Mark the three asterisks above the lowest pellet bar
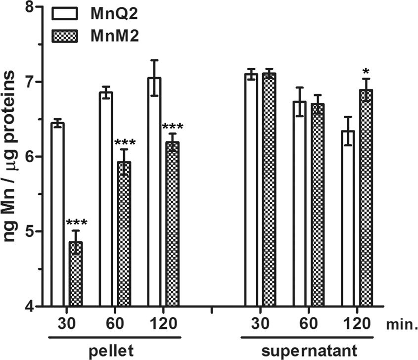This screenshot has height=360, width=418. pyautogui.click(x=75, y=223)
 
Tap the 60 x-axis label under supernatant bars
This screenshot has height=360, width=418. pyautogui.click(x=309, y=324)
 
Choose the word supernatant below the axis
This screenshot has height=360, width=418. pyautogui.click(x=310, y=351)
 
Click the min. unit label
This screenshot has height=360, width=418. pyautogui.click(x=401, y=325)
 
